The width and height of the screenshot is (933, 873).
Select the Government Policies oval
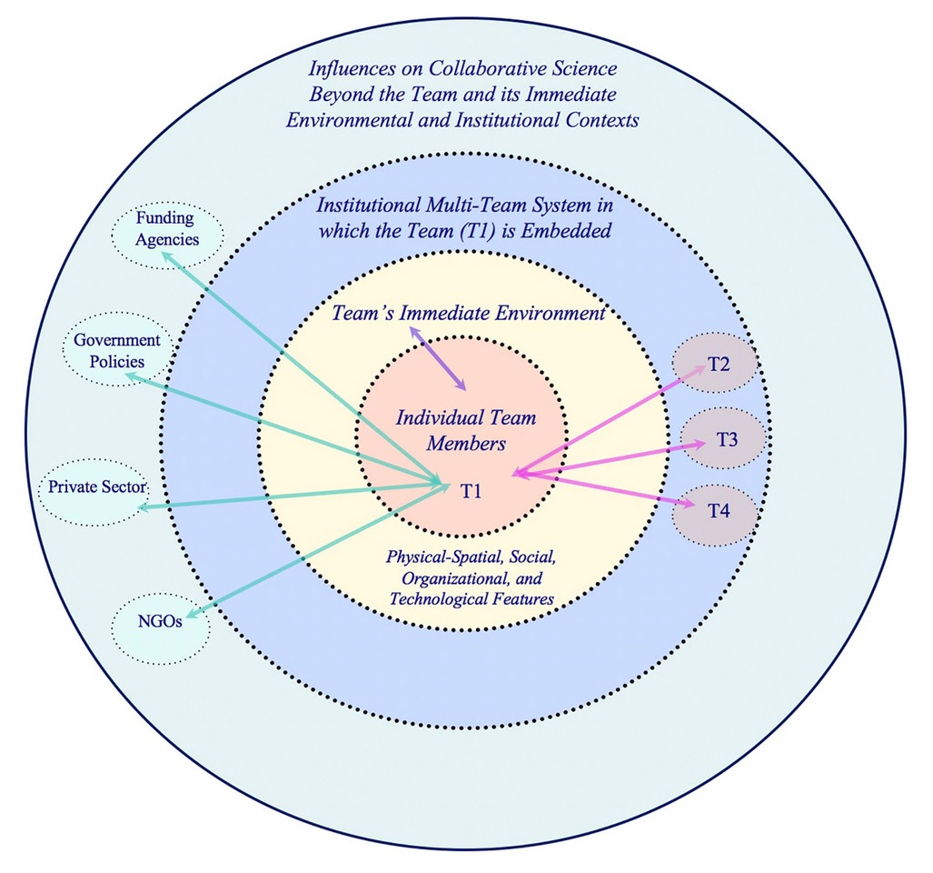116,351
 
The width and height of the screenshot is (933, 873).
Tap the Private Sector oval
93,487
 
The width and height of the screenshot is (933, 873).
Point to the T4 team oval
716,511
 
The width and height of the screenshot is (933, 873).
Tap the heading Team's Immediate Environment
467,314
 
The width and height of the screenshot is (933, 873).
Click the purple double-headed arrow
439,359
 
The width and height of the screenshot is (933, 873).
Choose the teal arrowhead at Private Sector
146,507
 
